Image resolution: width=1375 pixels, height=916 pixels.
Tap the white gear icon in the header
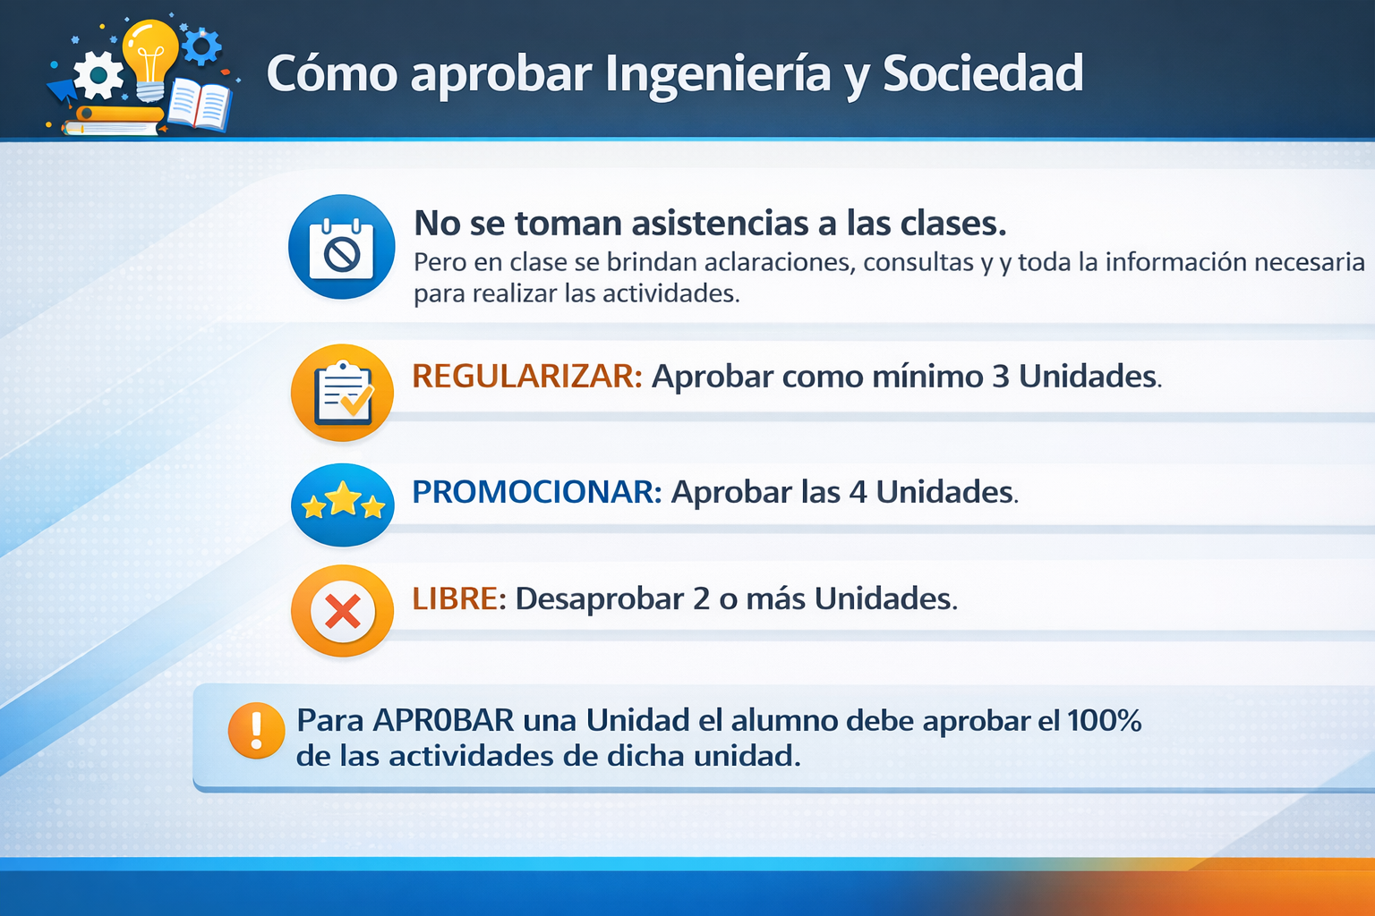(x=98, y=75)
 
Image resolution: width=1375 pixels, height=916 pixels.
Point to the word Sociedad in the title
(x=983, y=73)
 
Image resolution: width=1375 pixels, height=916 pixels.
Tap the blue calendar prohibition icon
(x=341, y=247)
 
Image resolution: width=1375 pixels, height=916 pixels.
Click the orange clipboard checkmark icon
(x=342, y=393)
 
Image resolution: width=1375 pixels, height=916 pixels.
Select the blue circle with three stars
(x=342, y=505)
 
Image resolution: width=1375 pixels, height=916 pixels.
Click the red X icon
(x=342, y=611)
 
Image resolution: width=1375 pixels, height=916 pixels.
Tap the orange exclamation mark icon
(x=257, y=730)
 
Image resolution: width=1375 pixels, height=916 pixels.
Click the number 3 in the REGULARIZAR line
(x=1001, y=376)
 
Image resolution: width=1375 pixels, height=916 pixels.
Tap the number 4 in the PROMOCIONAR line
(x=858, y=492)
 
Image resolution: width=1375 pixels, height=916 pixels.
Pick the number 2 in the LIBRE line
(x=701, y=598)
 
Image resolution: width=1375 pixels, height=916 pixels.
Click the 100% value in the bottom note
(x=1104, y=720)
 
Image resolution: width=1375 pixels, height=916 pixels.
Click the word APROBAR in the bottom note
(x=443, y=721)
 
